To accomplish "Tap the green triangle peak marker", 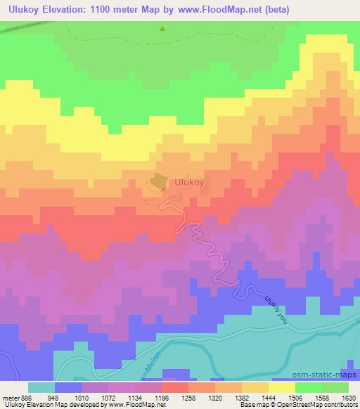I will pyautogui.click(x=162, y=29).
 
